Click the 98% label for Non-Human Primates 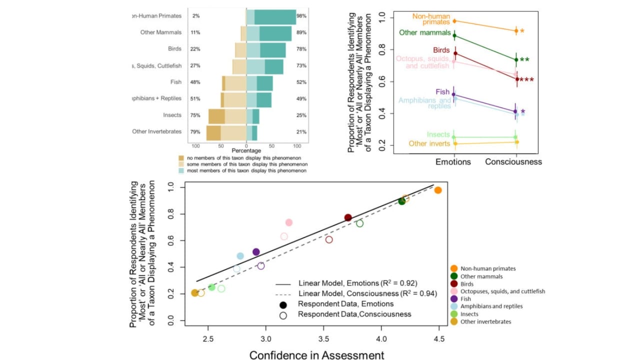pos(301,16)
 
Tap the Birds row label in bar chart pos(174,49)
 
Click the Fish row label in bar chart pos(175,82)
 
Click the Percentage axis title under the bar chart pos(246,150)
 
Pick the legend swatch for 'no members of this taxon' pos(182,157)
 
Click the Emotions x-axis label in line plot pos(453,161)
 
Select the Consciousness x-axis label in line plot pos(513,161)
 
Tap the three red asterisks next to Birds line pos(526,80)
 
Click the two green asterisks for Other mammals pos(524,60)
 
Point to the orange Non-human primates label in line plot pos(431,19)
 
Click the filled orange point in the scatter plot pos(438,190)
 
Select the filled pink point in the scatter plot pos(288,222)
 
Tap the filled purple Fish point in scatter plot pos(256,252)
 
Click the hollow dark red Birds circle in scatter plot pos(329,240)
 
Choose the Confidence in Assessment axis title pos(316,355)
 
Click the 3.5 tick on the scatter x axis pos(323,339)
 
